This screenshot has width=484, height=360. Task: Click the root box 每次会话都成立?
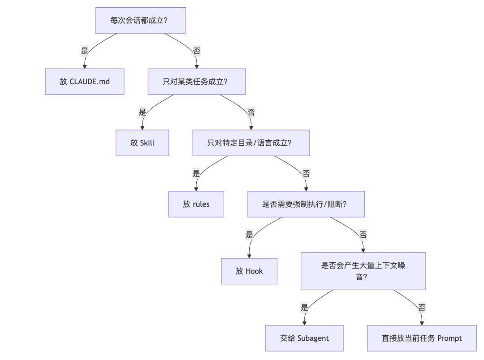point(140,20)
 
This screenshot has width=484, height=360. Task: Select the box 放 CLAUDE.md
point(85,82)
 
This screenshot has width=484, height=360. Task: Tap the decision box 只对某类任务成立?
point(197,82)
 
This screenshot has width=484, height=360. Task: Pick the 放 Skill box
point(143,143)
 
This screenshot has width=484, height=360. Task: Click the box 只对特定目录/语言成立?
point(251,143)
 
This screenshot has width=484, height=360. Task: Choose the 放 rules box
point(196,204)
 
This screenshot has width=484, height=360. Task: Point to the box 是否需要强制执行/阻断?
point(306,204)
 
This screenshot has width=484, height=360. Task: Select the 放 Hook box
point(249,271)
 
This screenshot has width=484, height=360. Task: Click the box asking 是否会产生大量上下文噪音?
point(363,271)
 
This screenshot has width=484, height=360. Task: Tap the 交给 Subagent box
point(304,338)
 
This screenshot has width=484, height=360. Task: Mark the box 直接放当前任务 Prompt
point(422,338)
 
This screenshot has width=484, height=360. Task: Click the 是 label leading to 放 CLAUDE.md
point(85,51)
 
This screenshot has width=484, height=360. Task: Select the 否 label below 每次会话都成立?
point(197,51)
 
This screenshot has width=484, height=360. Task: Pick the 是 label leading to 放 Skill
point(143,112)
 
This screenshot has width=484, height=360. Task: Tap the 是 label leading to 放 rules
point(196,173)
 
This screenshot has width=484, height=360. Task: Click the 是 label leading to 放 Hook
point(249,234)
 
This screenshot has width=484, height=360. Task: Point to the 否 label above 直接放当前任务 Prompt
point(422,307)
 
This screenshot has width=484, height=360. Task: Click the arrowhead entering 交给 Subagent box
point(304,323)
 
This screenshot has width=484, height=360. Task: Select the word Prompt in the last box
point(449,338)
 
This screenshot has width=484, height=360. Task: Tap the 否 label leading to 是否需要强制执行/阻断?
point(306,173)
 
